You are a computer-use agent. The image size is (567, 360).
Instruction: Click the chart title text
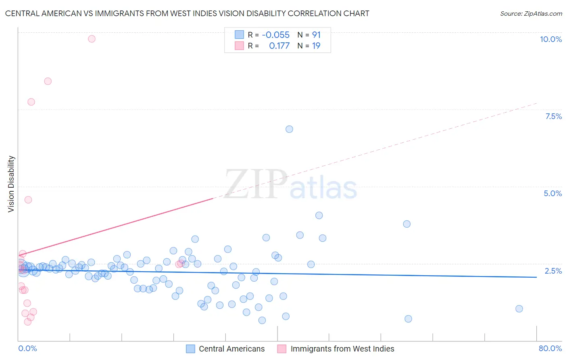187,13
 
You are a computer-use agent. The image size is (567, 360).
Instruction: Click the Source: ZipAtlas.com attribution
531,13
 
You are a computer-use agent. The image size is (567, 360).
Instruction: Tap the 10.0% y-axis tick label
550,39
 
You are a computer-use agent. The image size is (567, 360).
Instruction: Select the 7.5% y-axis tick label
553,116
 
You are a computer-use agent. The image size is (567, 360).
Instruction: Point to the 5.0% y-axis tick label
552,193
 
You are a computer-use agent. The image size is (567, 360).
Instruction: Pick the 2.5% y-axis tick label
553,271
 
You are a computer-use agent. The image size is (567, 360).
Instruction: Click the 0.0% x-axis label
27,348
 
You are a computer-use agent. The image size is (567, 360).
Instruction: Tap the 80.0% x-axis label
550,348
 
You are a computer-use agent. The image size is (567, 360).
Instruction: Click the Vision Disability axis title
11,184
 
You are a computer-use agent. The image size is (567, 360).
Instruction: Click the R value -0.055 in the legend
275,35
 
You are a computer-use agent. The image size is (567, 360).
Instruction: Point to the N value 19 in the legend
316,46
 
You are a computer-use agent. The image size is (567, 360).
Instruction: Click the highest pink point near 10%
92,39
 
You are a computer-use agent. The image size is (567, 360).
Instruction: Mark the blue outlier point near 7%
289,129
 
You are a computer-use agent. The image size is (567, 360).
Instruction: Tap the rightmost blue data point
519,309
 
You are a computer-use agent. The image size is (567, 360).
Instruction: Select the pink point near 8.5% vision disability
48,81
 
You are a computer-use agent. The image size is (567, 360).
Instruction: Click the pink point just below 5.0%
28,200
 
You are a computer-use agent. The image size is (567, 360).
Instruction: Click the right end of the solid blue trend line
536,277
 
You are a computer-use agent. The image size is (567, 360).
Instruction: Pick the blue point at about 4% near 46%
319,216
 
